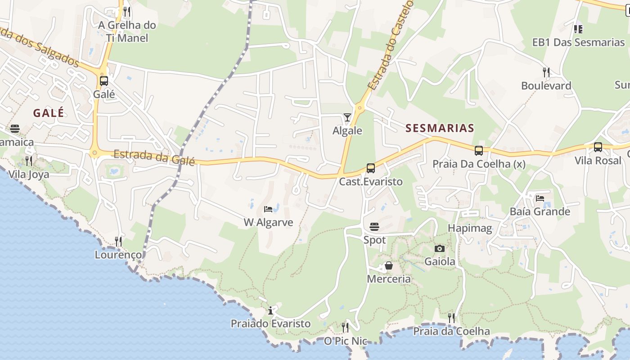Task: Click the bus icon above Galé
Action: click(104, 81)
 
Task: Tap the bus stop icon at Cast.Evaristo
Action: click(371, 168)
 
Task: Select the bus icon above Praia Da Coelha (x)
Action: click(479, 151)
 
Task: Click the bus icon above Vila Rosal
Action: click(598, 147)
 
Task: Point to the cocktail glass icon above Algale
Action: click(347, 117)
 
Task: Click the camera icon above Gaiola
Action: click(440, 248)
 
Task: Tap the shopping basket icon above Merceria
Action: click(389, 266)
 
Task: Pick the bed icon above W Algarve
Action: click(268, 209)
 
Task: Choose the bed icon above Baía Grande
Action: click(540, 198)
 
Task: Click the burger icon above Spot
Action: click(374, 227)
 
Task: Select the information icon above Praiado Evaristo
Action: click(270, 310)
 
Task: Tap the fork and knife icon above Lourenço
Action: click(118, 242)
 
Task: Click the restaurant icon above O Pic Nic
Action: click(345, 327)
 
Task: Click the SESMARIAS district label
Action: click(440, 128)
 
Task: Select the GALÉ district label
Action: click(49, 113)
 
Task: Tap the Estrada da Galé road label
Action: click(154, 157)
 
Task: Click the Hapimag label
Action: click(470, 228)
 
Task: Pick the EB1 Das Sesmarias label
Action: click(578, 42)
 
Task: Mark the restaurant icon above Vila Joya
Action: click(29, 161)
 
